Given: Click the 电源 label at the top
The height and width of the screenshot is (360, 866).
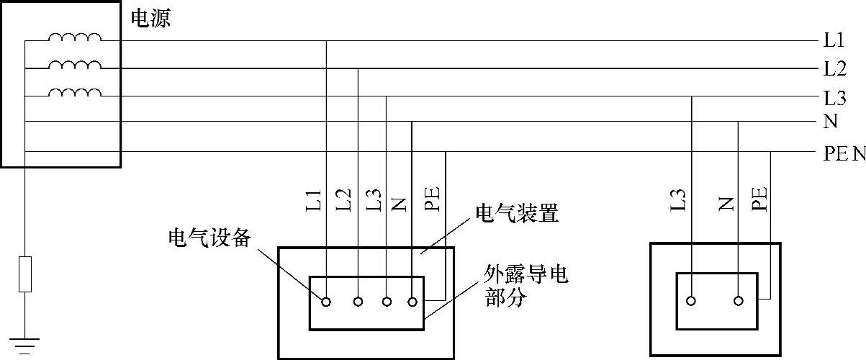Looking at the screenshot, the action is pyautogui.click(x=150, y=18).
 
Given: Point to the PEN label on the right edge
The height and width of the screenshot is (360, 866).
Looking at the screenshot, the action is pyautogui.click(x=844, y=153).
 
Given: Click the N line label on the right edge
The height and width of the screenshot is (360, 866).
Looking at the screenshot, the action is pyautogui.click(x=831, y=122).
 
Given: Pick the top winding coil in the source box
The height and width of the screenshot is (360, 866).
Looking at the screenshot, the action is pyautogui.click(x=75, y=37).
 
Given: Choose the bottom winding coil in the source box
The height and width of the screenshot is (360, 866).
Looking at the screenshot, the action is pyautogui.click(x=75, y=92).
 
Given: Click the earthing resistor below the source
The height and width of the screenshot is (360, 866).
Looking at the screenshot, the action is pyautogui.click(x=25, y=274).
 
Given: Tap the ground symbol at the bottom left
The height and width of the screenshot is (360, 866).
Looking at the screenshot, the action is pyautogui.click(x=25, y=344).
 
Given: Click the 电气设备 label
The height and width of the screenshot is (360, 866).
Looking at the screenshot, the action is pyautogui.click(x=209, y=238).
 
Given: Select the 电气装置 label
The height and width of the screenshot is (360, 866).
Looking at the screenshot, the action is pyautogui.click(x=517, y=213).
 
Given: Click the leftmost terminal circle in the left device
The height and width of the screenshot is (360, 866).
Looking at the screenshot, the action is pyautogui.click(x=326, y=302).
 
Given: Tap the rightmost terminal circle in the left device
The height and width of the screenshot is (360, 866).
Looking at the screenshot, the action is pyautogui.click(x=412, y=302).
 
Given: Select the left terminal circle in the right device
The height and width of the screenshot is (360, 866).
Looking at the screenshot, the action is pyautogui.click(x=691, y=302).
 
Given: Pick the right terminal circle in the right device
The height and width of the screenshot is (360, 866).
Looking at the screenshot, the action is pyautogui.click(x=739, y=302).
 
